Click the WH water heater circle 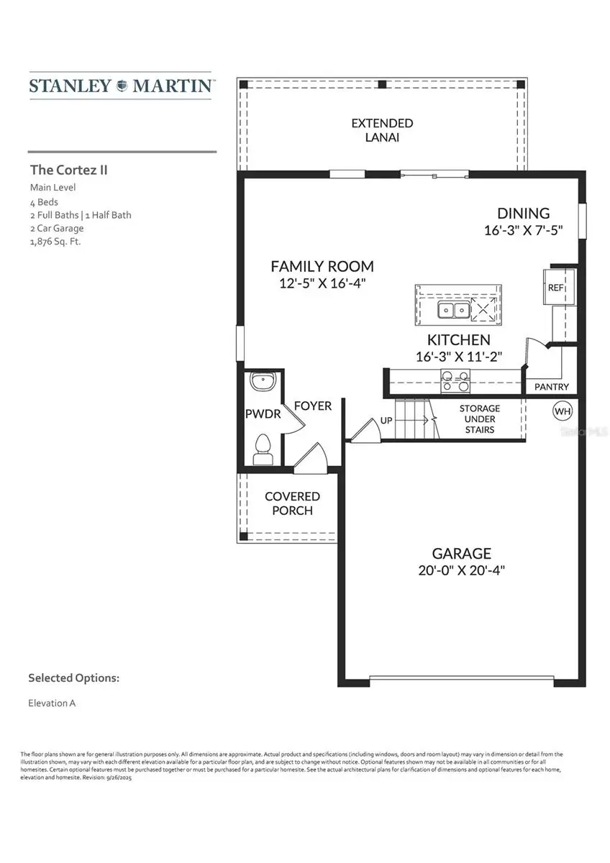click(x=562, y=411)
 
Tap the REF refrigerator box click(x=556, y=287)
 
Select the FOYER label click(x=313, y=406)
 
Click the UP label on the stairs click(x=386, y=420)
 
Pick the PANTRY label click(x=552, y=387)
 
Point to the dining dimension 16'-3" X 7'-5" click(x=523, y=231)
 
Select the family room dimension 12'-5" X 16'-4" click(x=322, y=283)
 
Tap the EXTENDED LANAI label click(x=382, y=130)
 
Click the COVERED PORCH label click(x=292, y=503)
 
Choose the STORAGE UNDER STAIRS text click(x=480, y=419)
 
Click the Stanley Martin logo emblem click(x=120, y=86)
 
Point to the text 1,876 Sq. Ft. click(x=55, y=242)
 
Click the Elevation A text click(x=52, y=703)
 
